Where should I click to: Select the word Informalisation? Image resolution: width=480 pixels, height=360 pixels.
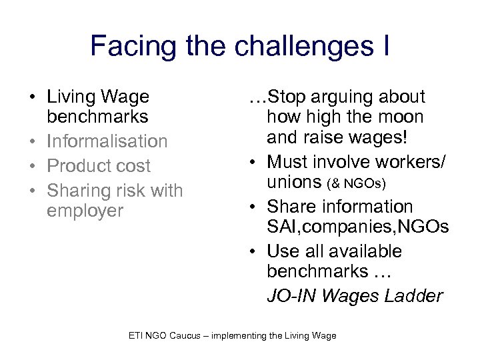pos(107,141)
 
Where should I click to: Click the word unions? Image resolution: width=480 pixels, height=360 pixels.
pos(293,182)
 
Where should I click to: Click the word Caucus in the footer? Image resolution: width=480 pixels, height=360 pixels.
pos(183,335)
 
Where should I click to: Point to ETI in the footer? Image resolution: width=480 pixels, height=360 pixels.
pos(136,335)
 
